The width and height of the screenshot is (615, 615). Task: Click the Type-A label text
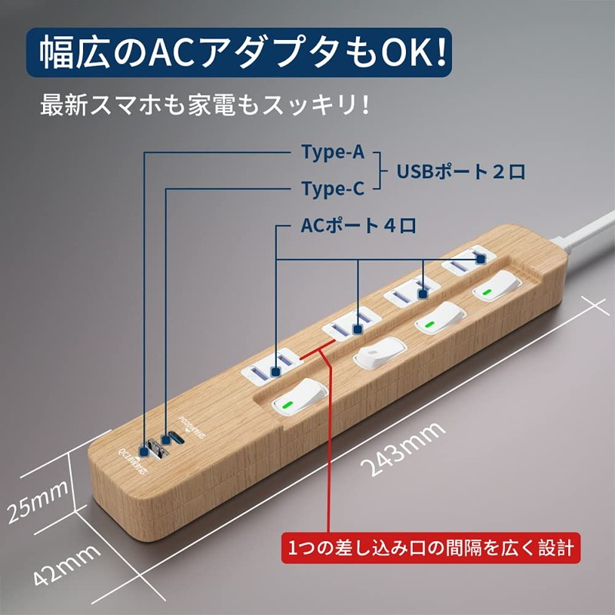click(x=332, y=152)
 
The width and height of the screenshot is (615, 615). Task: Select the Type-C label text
click(x=332, y=188)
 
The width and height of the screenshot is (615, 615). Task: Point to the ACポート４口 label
click(x=358, y=227)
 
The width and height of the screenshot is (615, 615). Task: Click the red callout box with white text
click(x=430, y=548)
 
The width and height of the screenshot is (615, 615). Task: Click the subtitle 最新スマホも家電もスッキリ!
click(x=205, y=104)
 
